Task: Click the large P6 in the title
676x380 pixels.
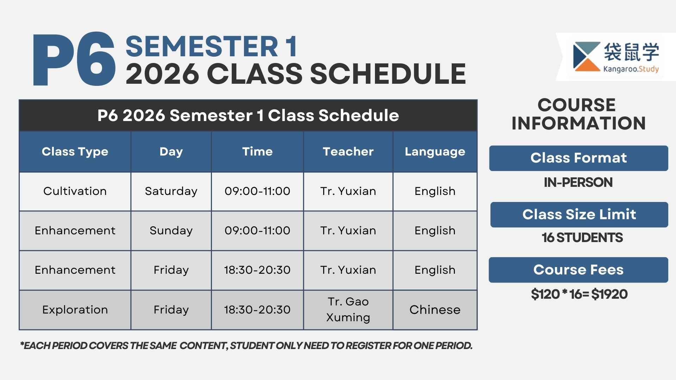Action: tap(74, 59)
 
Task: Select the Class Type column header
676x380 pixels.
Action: tap(75, 152)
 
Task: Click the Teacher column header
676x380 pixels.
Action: tap(348, 152)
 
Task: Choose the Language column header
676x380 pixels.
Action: tap(435, 152)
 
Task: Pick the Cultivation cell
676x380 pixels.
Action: tap(75, 191)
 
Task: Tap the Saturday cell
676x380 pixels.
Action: tap(171, 191)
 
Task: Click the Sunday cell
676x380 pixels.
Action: tap(171, 231)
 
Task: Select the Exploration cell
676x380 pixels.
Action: tap(75, 310)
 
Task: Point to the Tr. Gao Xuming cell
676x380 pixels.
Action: tap(348, 310)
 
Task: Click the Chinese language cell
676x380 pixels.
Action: tap(435, 310)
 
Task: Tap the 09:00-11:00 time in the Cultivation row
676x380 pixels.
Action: tap(257, 191)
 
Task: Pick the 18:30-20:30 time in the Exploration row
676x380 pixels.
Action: tap(257, 310)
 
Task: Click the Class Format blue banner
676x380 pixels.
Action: tap(578, 158)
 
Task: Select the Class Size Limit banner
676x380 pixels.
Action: tap(579, 215)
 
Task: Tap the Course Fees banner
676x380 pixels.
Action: tap(578, 270)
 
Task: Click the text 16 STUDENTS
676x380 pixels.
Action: tap(582, 238)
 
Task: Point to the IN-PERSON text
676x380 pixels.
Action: tap(578, 182)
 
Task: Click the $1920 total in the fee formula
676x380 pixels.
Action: tap(609, 294)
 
